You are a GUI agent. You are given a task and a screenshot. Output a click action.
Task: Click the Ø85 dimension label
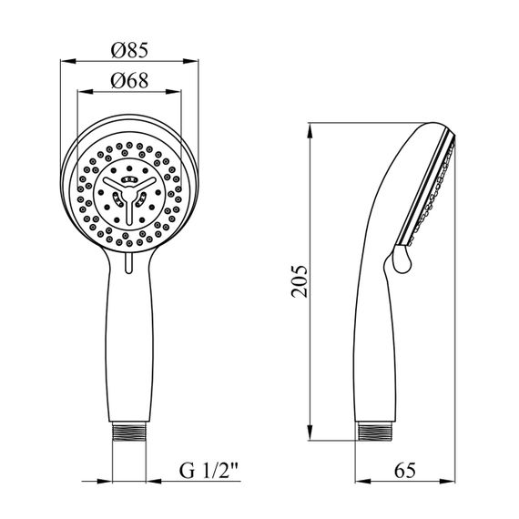pos(129,50)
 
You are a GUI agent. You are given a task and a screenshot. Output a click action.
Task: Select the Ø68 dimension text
pos(129,80)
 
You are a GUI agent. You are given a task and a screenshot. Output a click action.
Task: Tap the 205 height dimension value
pos(300,281)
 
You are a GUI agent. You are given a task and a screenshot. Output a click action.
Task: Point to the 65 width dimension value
pos(405,470)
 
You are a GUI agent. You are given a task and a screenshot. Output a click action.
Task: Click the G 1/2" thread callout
pos(209,471)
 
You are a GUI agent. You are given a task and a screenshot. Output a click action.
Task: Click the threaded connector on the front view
pos(129,432)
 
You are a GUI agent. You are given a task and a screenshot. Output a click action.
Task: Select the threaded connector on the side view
pos(375,432)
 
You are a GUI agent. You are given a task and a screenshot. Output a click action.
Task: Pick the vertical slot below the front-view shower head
pos(129,262)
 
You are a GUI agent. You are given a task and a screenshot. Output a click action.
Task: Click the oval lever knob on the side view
pos(402,259)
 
